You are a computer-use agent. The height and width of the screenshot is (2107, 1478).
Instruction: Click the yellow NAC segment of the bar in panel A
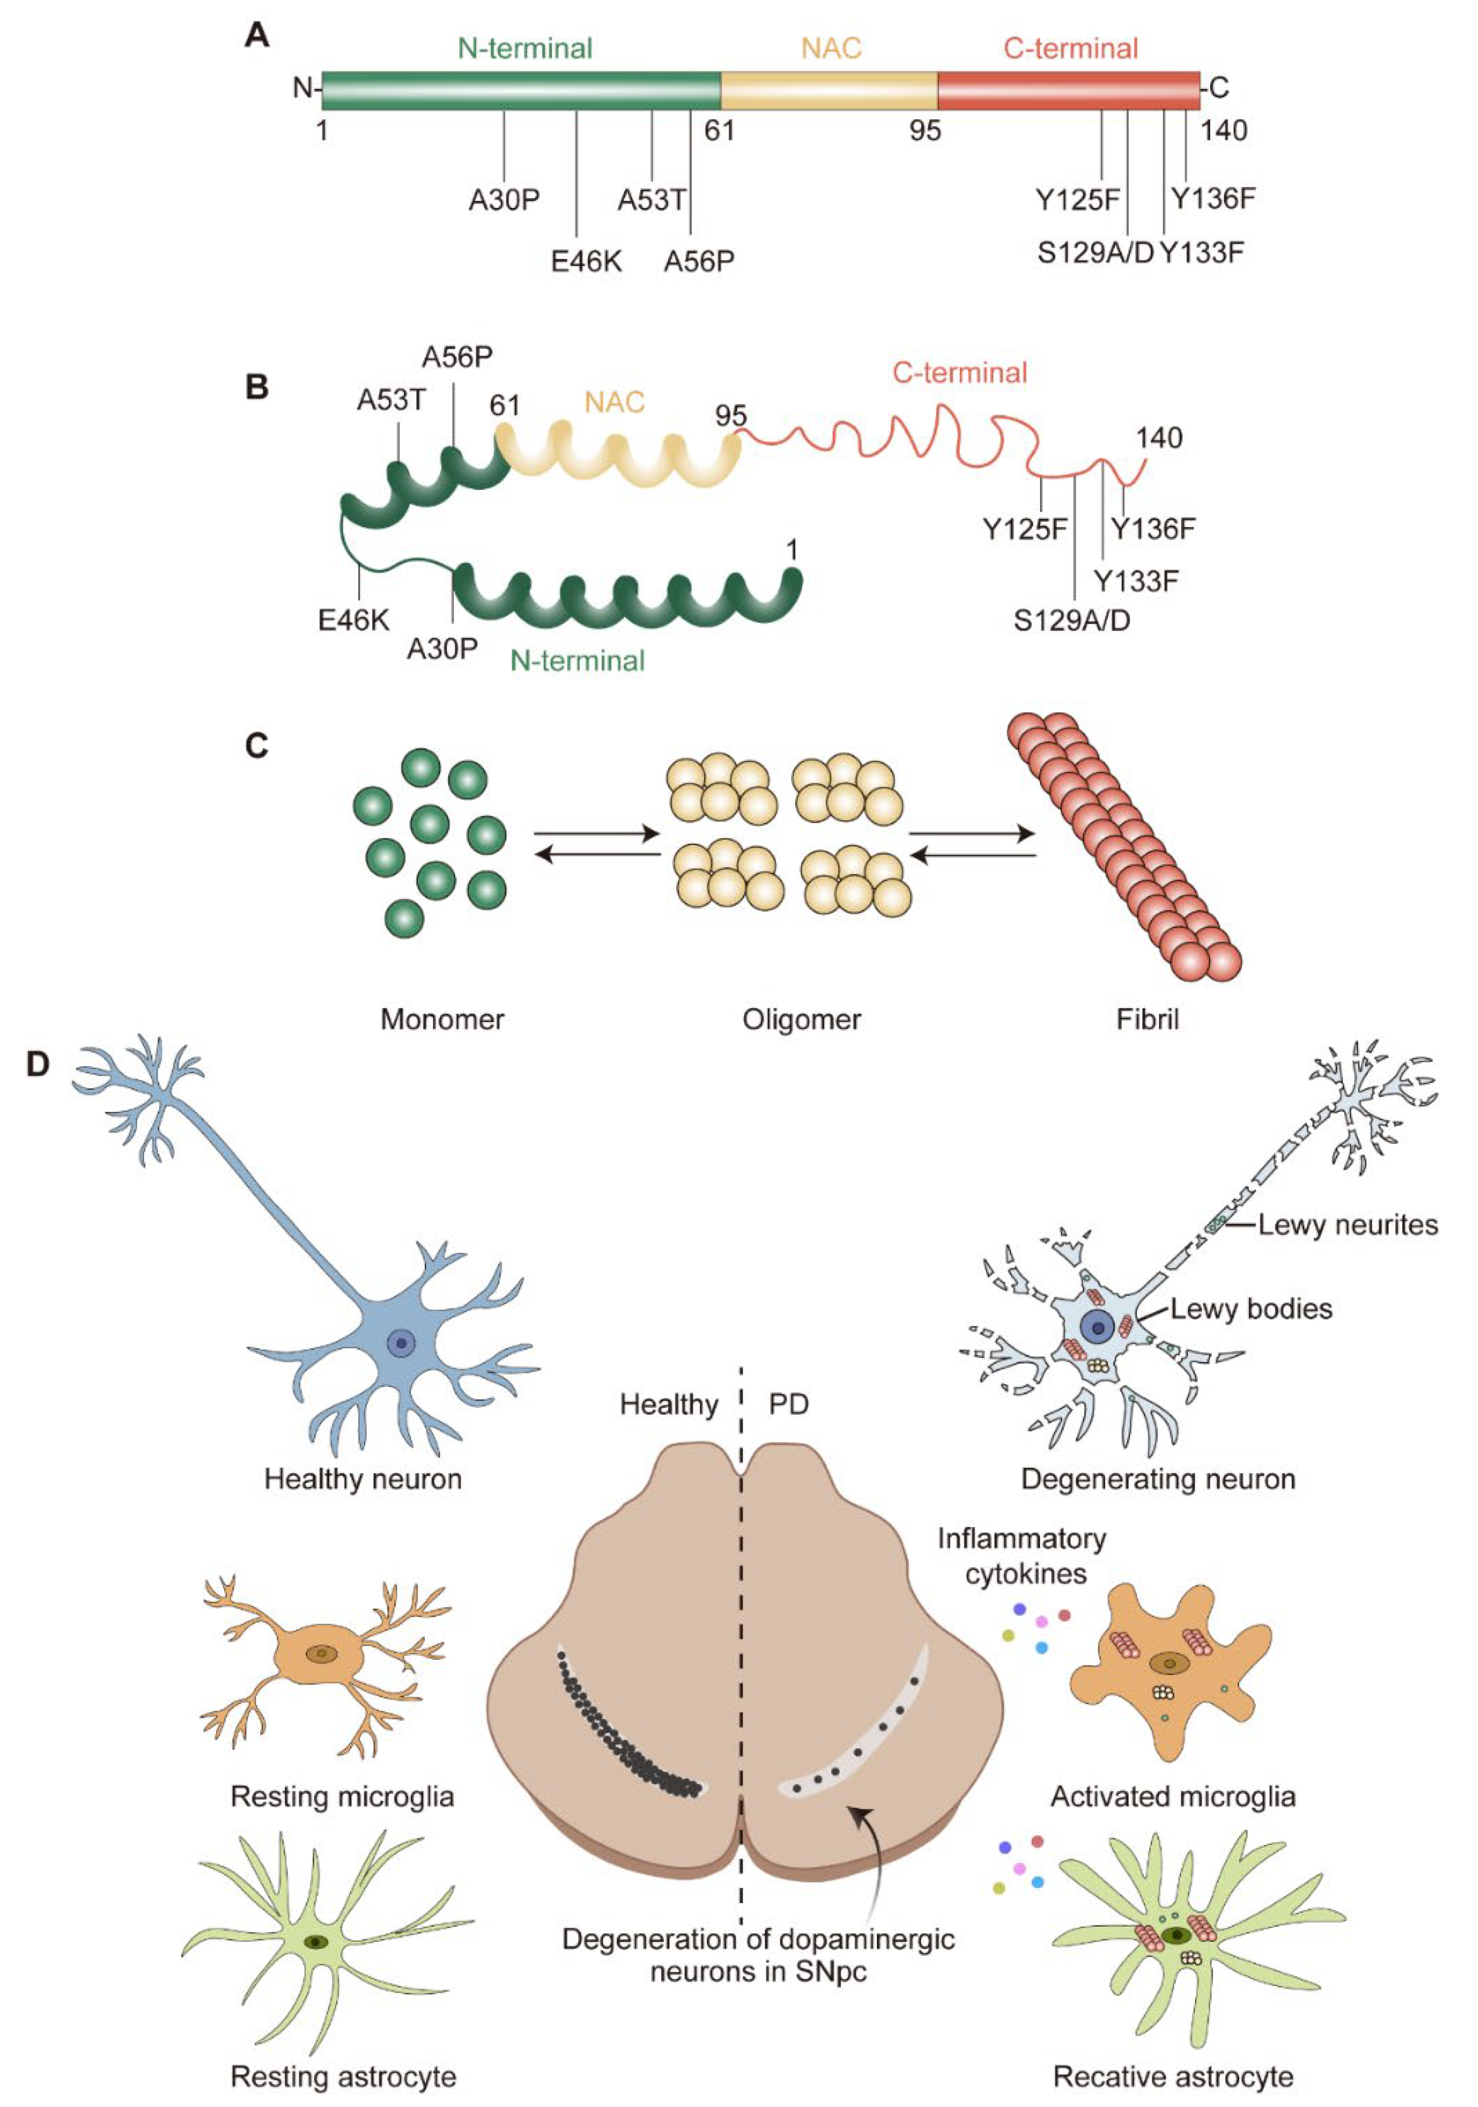point(829,90)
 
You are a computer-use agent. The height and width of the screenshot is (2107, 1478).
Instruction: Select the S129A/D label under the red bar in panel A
point(1094,253)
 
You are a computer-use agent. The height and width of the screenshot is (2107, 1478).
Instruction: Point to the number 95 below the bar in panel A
point(925,131)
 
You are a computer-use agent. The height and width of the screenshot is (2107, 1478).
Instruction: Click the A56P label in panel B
point(457,357)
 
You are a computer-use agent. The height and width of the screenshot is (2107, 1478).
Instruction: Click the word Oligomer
point(801,1019)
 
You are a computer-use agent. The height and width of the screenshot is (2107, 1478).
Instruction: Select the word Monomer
point(442,1019)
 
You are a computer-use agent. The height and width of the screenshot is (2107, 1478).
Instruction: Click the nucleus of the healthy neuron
point(400,1344)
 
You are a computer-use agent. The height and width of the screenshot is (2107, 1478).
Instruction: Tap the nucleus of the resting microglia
point(321,1654)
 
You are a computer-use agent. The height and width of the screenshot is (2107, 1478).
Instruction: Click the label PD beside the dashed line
point(788,1405)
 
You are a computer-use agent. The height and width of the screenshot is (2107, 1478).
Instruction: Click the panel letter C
point(257,746)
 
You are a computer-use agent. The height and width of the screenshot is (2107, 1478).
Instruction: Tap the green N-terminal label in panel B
point(577,661)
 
